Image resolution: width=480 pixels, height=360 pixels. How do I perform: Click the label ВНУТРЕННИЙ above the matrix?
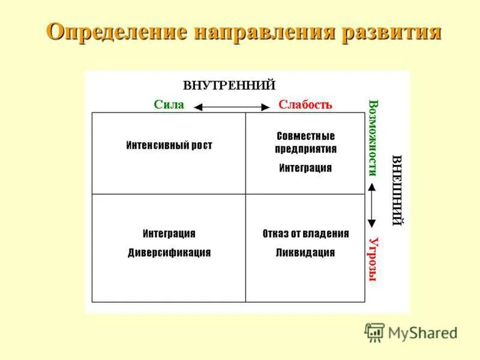(229, 85)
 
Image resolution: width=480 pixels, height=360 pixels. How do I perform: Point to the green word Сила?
(169, 104)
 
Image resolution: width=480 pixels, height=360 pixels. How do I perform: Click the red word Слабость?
(305, 104)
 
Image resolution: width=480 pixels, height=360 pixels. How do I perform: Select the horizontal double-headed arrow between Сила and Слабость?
(232, 107)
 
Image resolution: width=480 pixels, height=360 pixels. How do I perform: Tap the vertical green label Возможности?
(373, 137)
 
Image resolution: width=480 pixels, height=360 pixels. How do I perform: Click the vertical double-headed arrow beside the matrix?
(372, 205)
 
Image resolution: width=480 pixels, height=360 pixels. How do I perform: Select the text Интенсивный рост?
(169, 145)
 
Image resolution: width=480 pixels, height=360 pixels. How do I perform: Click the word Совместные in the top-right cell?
(305, 136)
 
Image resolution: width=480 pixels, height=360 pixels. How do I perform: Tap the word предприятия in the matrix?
(305, 149)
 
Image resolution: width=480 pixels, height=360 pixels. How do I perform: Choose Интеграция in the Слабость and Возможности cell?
(305, 168)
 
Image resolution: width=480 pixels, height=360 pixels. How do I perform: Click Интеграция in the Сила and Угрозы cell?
(169, 233)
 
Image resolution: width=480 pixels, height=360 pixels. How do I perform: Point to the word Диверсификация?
(169, 253)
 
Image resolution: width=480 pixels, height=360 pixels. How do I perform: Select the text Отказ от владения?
(305, 233)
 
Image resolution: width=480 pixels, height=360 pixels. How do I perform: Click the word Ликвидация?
(305, 253)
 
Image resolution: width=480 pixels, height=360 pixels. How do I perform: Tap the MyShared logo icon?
(374, 332)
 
